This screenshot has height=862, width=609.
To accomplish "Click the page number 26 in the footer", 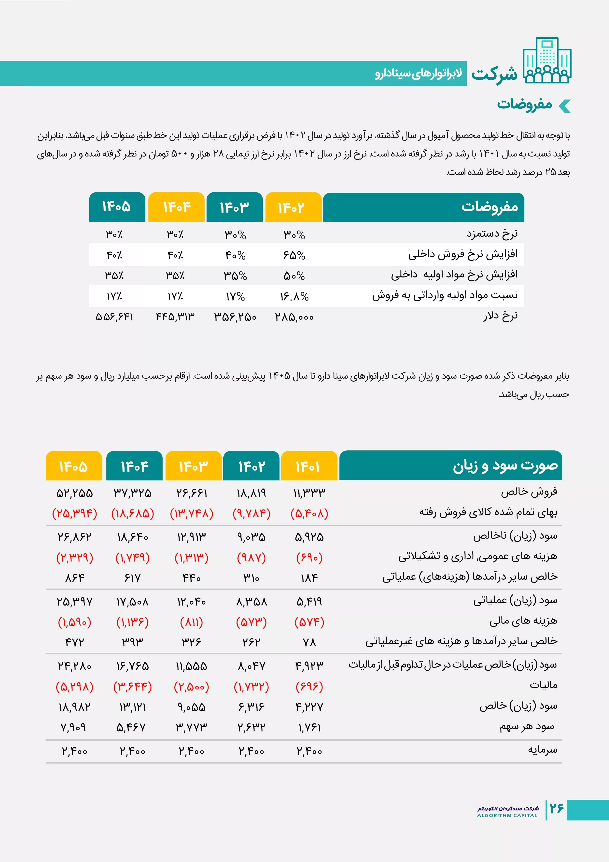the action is [x=557, y=808].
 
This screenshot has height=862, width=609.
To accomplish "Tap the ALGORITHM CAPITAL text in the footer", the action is [x=507, y=815].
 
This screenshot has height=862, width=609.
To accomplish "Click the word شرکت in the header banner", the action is [x=494, y=74].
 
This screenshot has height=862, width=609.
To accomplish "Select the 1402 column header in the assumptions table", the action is [x=293, y=207].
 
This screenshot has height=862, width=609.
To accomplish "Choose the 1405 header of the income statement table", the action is [x=74, y=466].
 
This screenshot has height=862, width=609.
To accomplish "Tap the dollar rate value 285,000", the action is [x=294, y=317].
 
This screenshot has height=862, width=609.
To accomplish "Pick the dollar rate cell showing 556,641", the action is [x=114, y=317].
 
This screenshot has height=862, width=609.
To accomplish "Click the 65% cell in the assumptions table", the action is [x=294, y=255].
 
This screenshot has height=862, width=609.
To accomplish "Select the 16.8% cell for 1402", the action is [x=294, y=297].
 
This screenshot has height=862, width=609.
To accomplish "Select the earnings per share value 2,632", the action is [x=251, y=728].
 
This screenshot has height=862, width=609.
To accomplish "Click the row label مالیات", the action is [x=543, y=685].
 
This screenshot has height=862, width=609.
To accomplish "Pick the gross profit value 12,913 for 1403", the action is [x=191, y=537].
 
